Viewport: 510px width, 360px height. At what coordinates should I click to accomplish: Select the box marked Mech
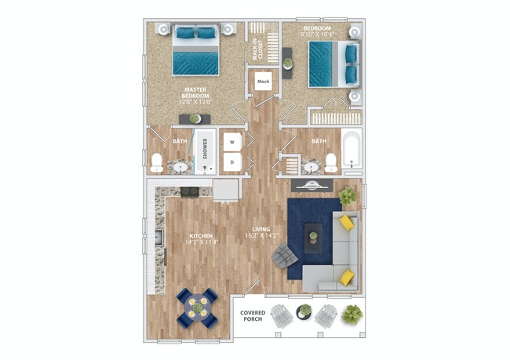pyautogui.click(x=263, y=81)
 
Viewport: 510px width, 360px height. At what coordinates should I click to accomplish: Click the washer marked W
pyautogui.click(x=232, y=141)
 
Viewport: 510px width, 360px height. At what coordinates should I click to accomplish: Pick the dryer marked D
pyautogui.click(x=232, y=162)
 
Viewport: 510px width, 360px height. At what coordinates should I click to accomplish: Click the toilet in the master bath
pyautogui.click(x=157, y=163)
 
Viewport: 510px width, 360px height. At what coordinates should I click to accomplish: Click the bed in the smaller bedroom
pyautogui.click(x=328, y=64)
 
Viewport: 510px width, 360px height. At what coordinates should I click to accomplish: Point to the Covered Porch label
pyautogui.click(x=252, y=316)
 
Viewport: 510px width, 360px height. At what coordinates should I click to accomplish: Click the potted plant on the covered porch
pyautogui.click(x=354, y=315)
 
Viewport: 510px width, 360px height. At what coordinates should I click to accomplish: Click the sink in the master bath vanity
pyautogui.click(x=180, y=166)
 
